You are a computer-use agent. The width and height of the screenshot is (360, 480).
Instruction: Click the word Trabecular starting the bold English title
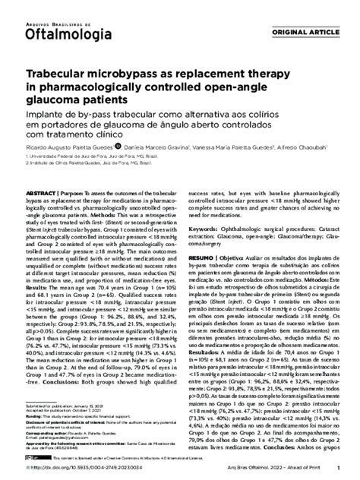[58, 76]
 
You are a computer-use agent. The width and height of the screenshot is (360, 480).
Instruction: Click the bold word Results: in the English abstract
[40, 268]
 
